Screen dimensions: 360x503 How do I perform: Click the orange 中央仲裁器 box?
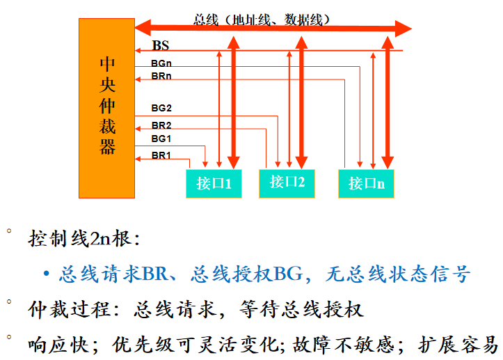coord(107,108)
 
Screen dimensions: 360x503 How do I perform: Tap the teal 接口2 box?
coord(287,182)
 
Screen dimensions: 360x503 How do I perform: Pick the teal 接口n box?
coord(366,183)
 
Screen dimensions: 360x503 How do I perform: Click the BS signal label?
coord(161,47)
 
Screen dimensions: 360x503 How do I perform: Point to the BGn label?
coord(161,63)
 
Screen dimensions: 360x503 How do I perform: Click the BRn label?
coord(161,75)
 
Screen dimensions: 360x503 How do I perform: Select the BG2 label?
coord(161,108)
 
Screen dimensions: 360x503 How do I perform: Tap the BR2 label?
coord(161,125)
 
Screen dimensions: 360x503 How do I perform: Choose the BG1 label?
coord(161,139)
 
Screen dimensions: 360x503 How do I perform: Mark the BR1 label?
coord(161,155)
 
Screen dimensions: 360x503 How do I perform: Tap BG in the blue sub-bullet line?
coord(288,274)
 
